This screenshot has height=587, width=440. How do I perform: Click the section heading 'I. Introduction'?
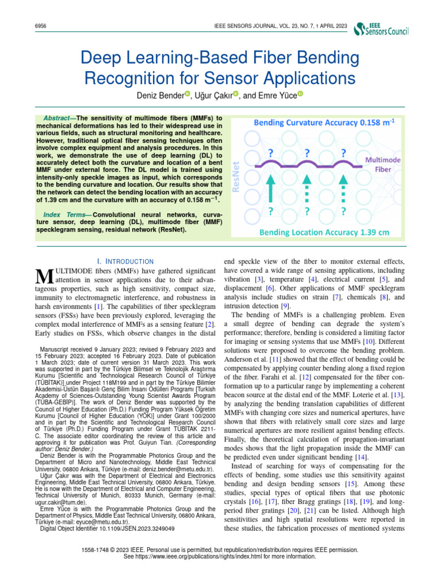point(125,261)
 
